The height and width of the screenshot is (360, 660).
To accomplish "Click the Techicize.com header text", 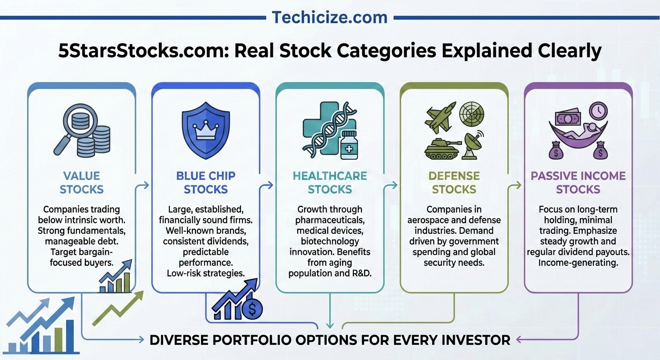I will pos(330,17).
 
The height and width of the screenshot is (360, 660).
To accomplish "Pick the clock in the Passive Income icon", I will pos(598,112).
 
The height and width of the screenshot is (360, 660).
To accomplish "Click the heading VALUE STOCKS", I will pos(82,183).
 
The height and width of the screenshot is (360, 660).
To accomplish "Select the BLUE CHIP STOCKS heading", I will pos(205,183).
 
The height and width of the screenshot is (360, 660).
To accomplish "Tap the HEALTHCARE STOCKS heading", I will pos(330,183).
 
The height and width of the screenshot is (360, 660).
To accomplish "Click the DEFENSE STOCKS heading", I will pos(454,183).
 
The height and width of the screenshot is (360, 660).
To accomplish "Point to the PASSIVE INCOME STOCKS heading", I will pos(578,183).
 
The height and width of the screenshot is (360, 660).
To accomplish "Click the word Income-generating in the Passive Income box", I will pos(577,262).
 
